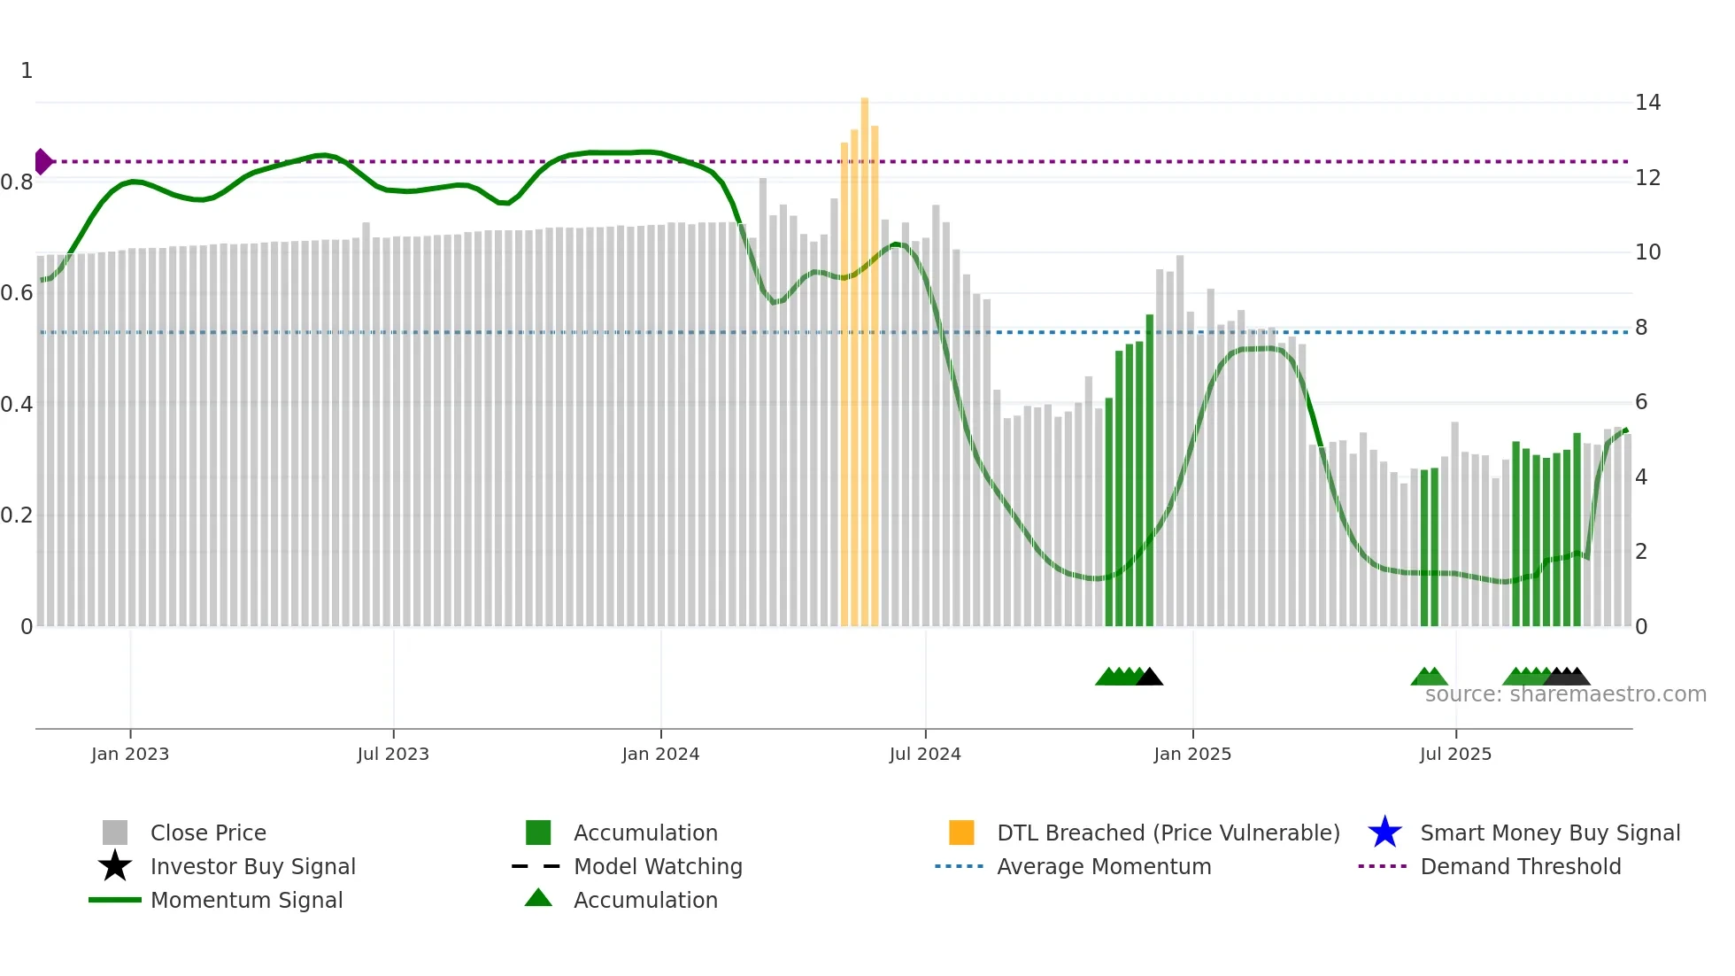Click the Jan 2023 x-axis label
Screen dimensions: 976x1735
click(129, 754)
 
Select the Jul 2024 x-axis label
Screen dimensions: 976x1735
click(924, 754)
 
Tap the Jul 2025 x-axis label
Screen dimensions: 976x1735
click(1455, 754)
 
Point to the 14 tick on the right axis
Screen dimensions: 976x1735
click(1647, 103)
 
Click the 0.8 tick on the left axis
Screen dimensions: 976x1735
click(17, 182)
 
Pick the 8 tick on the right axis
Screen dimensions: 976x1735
click(1641, 328)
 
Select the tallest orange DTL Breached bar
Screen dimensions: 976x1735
click(865, 354)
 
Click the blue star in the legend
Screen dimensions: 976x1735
click(1384, 833)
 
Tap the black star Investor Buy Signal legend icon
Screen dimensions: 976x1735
click(115, 866)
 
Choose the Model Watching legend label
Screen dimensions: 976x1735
click(658, 866)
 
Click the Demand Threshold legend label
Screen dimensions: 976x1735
click(1520, 866)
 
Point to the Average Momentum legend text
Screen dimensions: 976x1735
click(1104, 866)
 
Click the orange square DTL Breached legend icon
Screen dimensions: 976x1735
click(961, 833)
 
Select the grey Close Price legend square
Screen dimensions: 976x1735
click(115, 833)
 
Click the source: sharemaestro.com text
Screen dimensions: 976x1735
click(1565, 694)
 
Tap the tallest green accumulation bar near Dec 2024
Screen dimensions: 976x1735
click(1150, 469)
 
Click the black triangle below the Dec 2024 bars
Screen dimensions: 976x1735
click(1149, 678)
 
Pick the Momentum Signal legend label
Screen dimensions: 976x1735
click(246, 900)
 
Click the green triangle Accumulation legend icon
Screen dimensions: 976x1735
click(538, 898)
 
